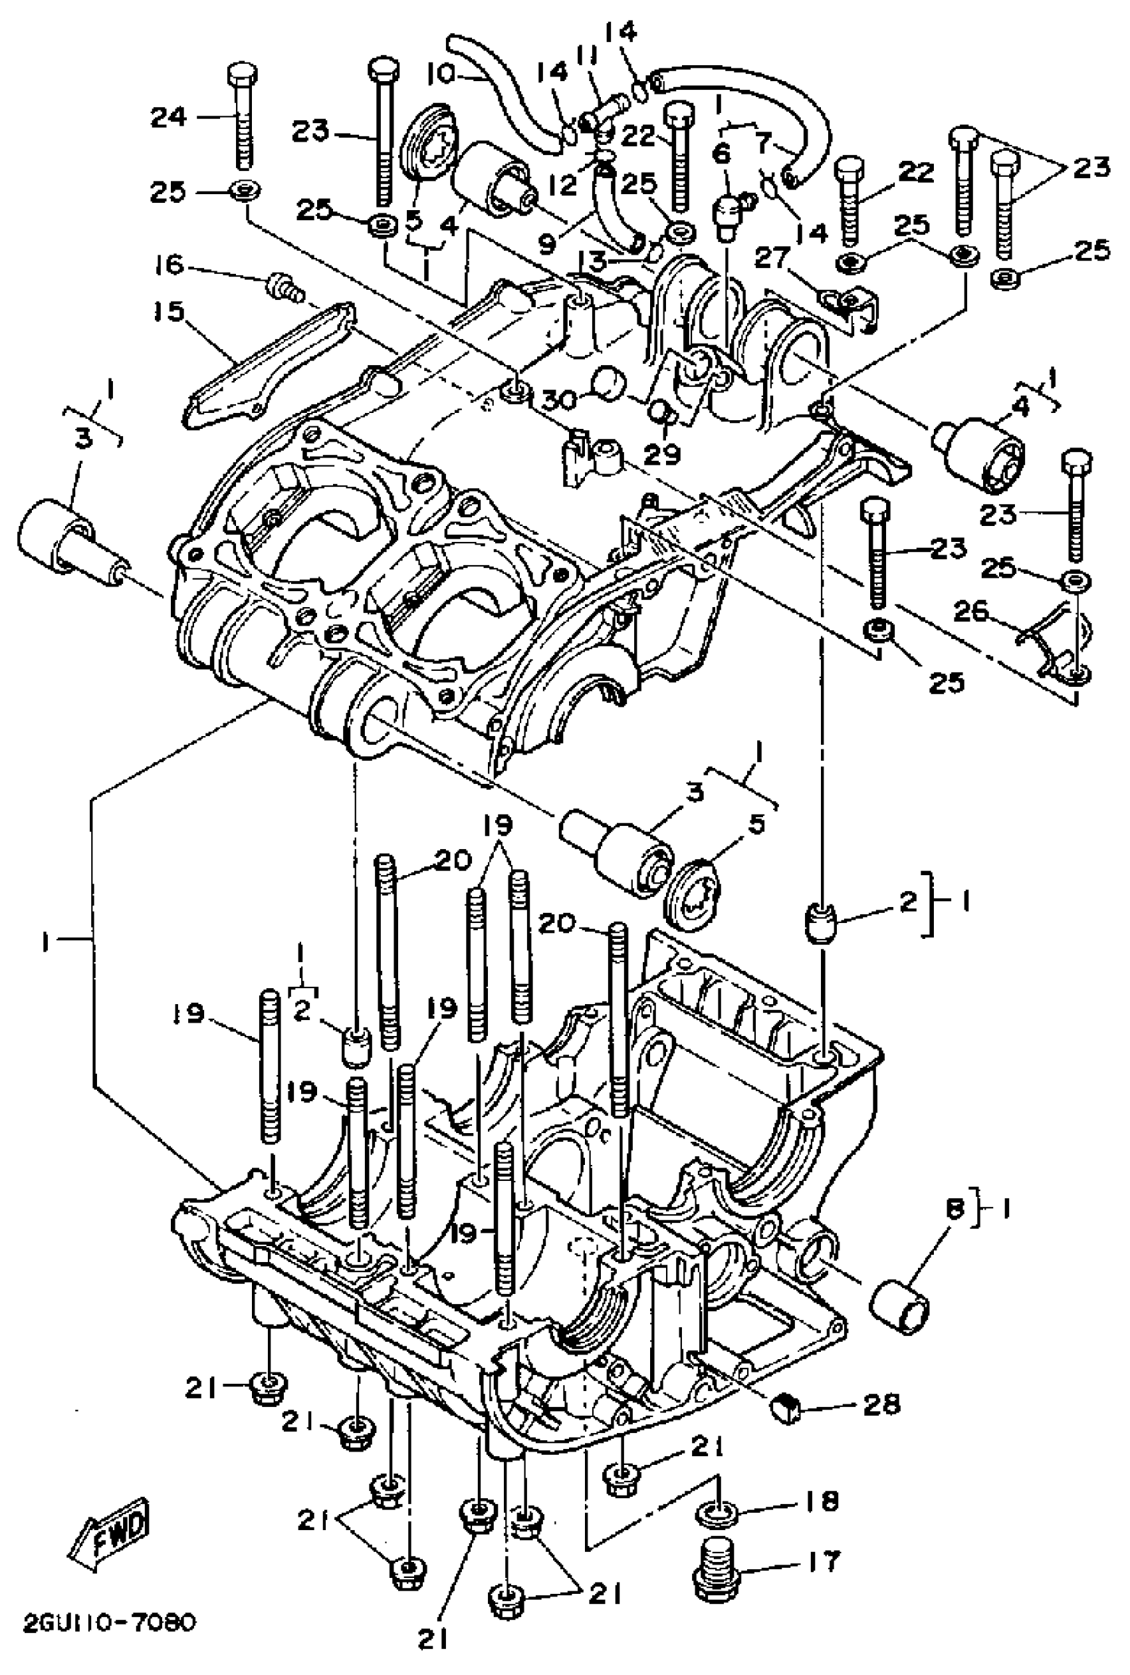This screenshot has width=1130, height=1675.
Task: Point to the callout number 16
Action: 171,265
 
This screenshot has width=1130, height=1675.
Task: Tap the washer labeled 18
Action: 717,1509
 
